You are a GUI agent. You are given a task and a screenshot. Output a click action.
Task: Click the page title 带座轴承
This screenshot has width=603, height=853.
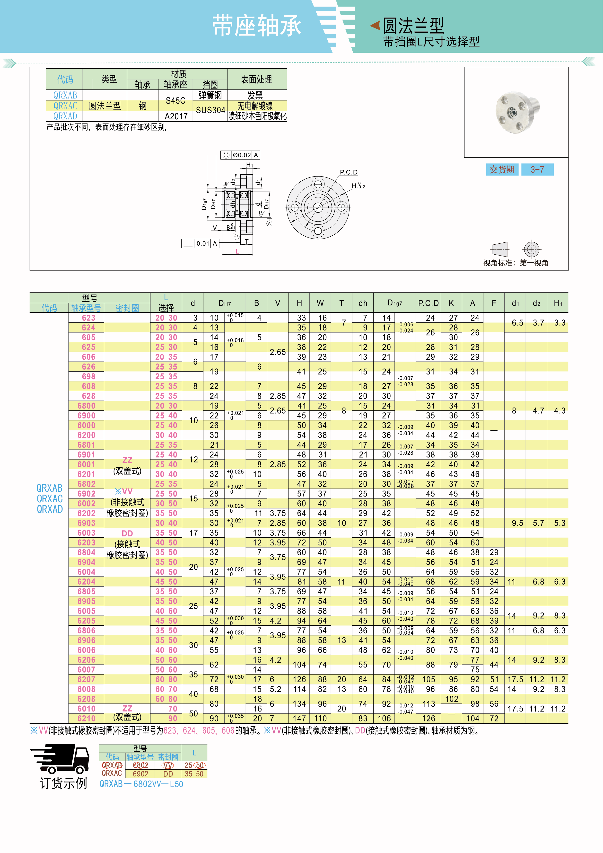[x=256, y=26]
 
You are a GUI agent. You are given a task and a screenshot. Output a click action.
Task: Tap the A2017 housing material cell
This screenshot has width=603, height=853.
[x=176, y=116]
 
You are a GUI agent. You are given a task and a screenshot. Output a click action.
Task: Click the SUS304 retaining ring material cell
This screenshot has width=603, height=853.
[x=210, y=110]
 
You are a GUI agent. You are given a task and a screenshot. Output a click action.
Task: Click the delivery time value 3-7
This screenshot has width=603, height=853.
[x=537, y=170]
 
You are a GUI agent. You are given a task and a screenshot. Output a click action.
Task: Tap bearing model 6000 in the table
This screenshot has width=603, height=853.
[x=87, y=425]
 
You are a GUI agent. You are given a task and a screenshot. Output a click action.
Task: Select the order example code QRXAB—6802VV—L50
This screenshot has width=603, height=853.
[x=141, y=784]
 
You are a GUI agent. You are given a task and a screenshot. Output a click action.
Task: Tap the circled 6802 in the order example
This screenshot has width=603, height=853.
[x=140, y=765]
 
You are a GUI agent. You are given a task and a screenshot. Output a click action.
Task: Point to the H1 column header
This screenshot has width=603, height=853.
[x=558, y=303]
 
